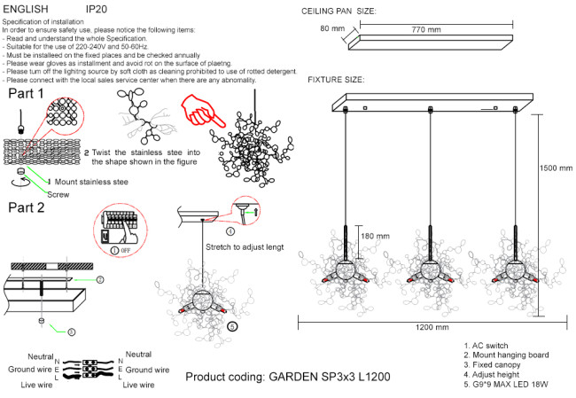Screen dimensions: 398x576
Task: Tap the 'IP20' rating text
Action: [97, 7]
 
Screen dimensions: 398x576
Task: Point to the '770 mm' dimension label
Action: [425, 30]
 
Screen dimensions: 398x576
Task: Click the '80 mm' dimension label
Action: [331, 29]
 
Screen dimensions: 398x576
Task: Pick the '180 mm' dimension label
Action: [374, 237]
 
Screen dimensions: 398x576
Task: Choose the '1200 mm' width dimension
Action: [431, 328]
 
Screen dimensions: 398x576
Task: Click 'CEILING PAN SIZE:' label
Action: [339, 12]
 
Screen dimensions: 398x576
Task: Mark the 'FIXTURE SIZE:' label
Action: [335, 80]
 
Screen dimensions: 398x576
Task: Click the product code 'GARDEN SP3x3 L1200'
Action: [288, 377]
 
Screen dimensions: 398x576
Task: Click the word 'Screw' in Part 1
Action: [58, 194]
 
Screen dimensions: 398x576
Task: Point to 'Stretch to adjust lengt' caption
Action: [244, 247]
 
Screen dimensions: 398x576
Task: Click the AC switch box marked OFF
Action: [120, 230]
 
